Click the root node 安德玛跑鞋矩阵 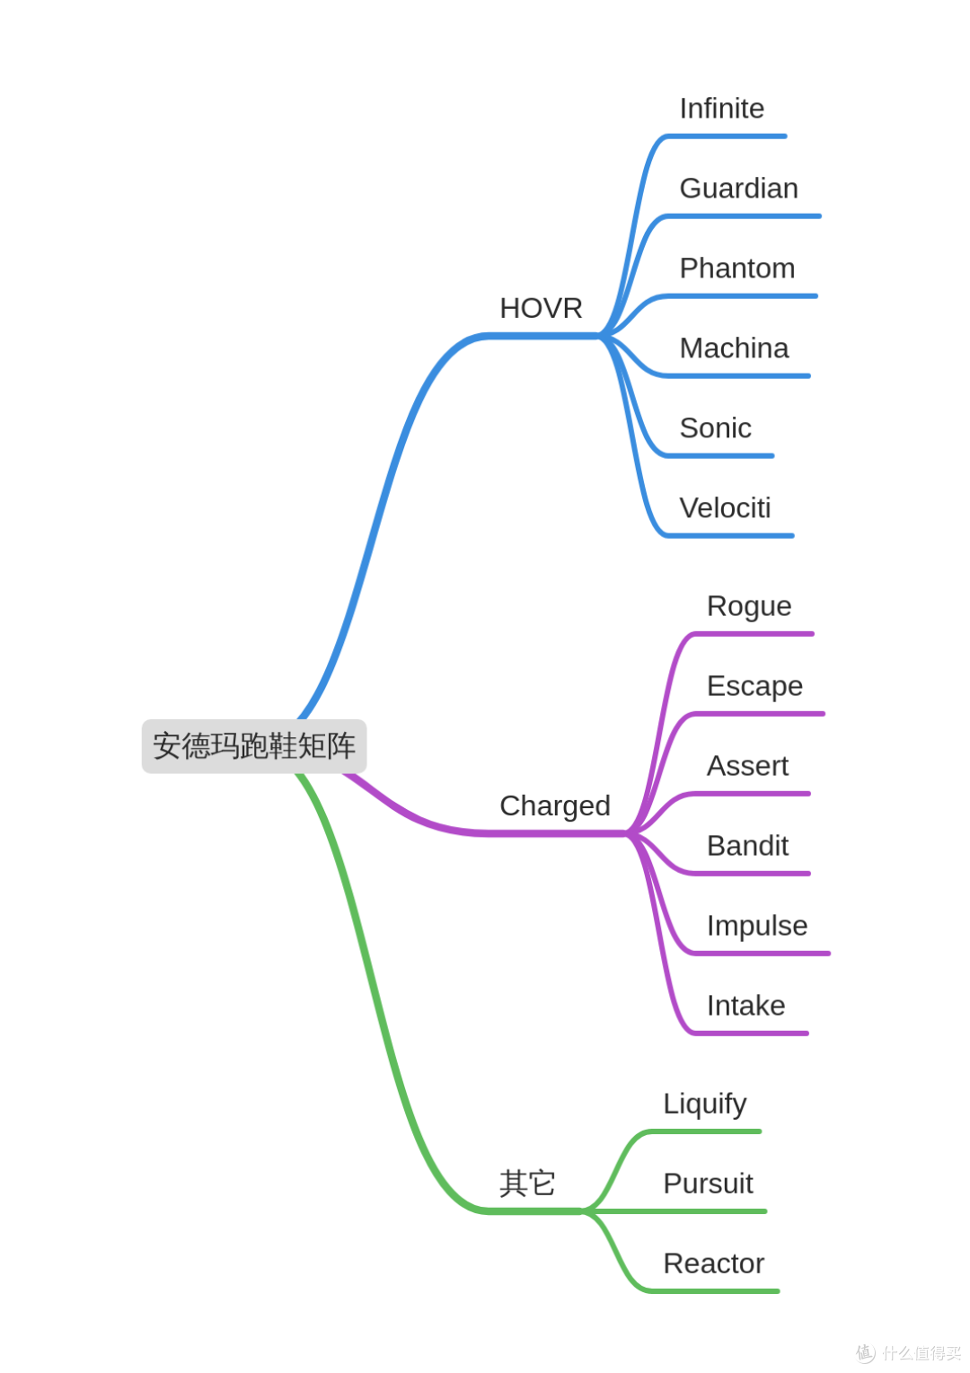click(x=254, y=746)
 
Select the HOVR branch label click(x=541, y=308)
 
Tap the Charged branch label click(x=555, y=806)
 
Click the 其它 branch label click(x=526, y=1183)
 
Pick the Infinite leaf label click(x=722, y=109)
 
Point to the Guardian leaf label click(x=739, y=189)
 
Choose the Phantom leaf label click(x=737, y=268)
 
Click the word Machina click(x=734, y=348)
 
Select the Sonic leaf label click(x=716, y=427)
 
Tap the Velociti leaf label click(x=725, y=508)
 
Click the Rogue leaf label click(x=749, y=607)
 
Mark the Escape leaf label click(x=754, y=686)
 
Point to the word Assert click(x=747, y=766)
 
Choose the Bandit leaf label click(x=747, y=846)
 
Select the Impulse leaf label click(x=757, y=927)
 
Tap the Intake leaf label click(x=745, y=1006)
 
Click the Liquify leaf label click(x=705, y=1105)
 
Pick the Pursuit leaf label click(x=708, y=1184)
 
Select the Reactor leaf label click(x=714, y=1263)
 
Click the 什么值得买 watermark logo click(x=908, y=1352)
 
